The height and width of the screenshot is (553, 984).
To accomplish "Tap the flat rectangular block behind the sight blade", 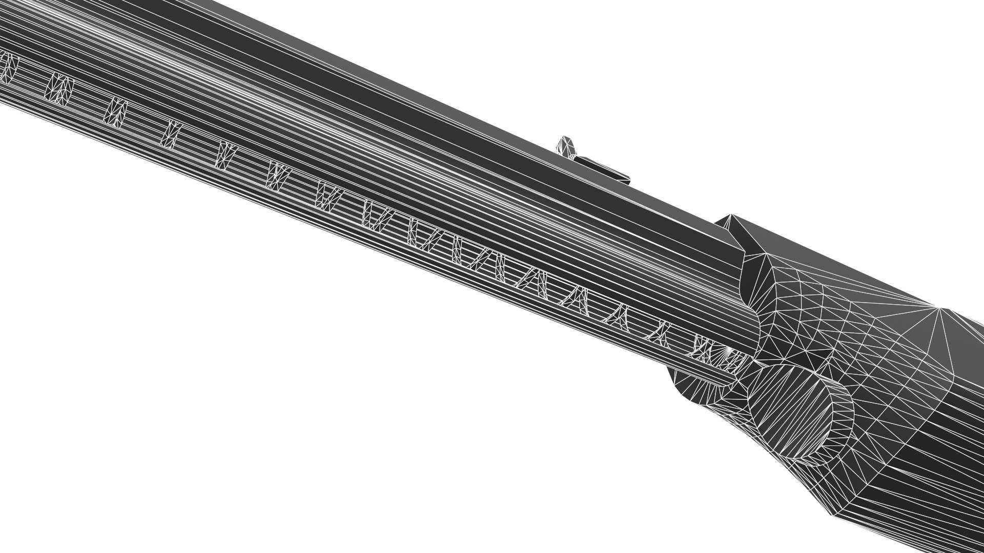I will [x=605, y=169].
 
